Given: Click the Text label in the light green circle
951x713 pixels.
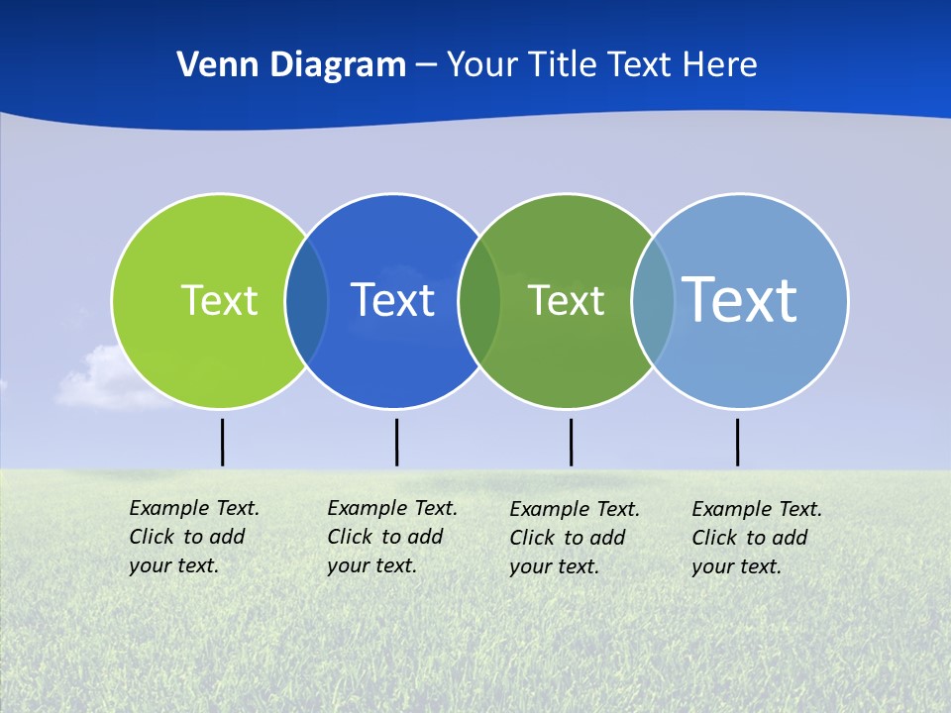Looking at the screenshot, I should [x=219, y=300].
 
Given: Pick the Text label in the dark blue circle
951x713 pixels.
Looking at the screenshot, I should [x=392, y=300].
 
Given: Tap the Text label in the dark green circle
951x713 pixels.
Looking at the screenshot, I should [x=566, y=300].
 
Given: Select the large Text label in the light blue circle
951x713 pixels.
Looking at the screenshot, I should [x=740, y=299].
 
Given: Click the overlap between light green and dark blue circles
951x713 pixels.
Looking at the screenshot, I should [x=307, y=301].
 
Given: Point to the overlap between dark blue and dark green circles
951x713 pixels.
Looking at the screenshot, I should [x=479, y=301].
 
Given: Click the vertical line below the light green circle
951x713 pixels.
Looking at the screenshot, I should [x=222, y=442].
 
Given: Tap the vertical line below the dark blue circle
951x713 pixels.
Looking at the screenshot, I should [x=396, y=442].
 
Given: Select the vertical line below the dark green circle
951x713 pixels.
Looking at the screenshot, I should [x=571, y=442].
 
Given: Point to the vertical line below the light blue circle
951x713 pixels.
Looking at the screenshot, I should [x=737, y=442].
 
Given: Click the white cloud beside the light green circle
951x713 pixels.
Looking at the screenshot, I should [x=99, y=381].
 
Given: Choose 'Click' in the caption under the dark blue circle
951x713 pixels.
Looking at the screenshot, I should [x=350, y=537].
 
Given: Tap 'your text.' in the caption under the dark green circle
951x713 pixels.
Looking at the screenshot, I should [x=554, y=567].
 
